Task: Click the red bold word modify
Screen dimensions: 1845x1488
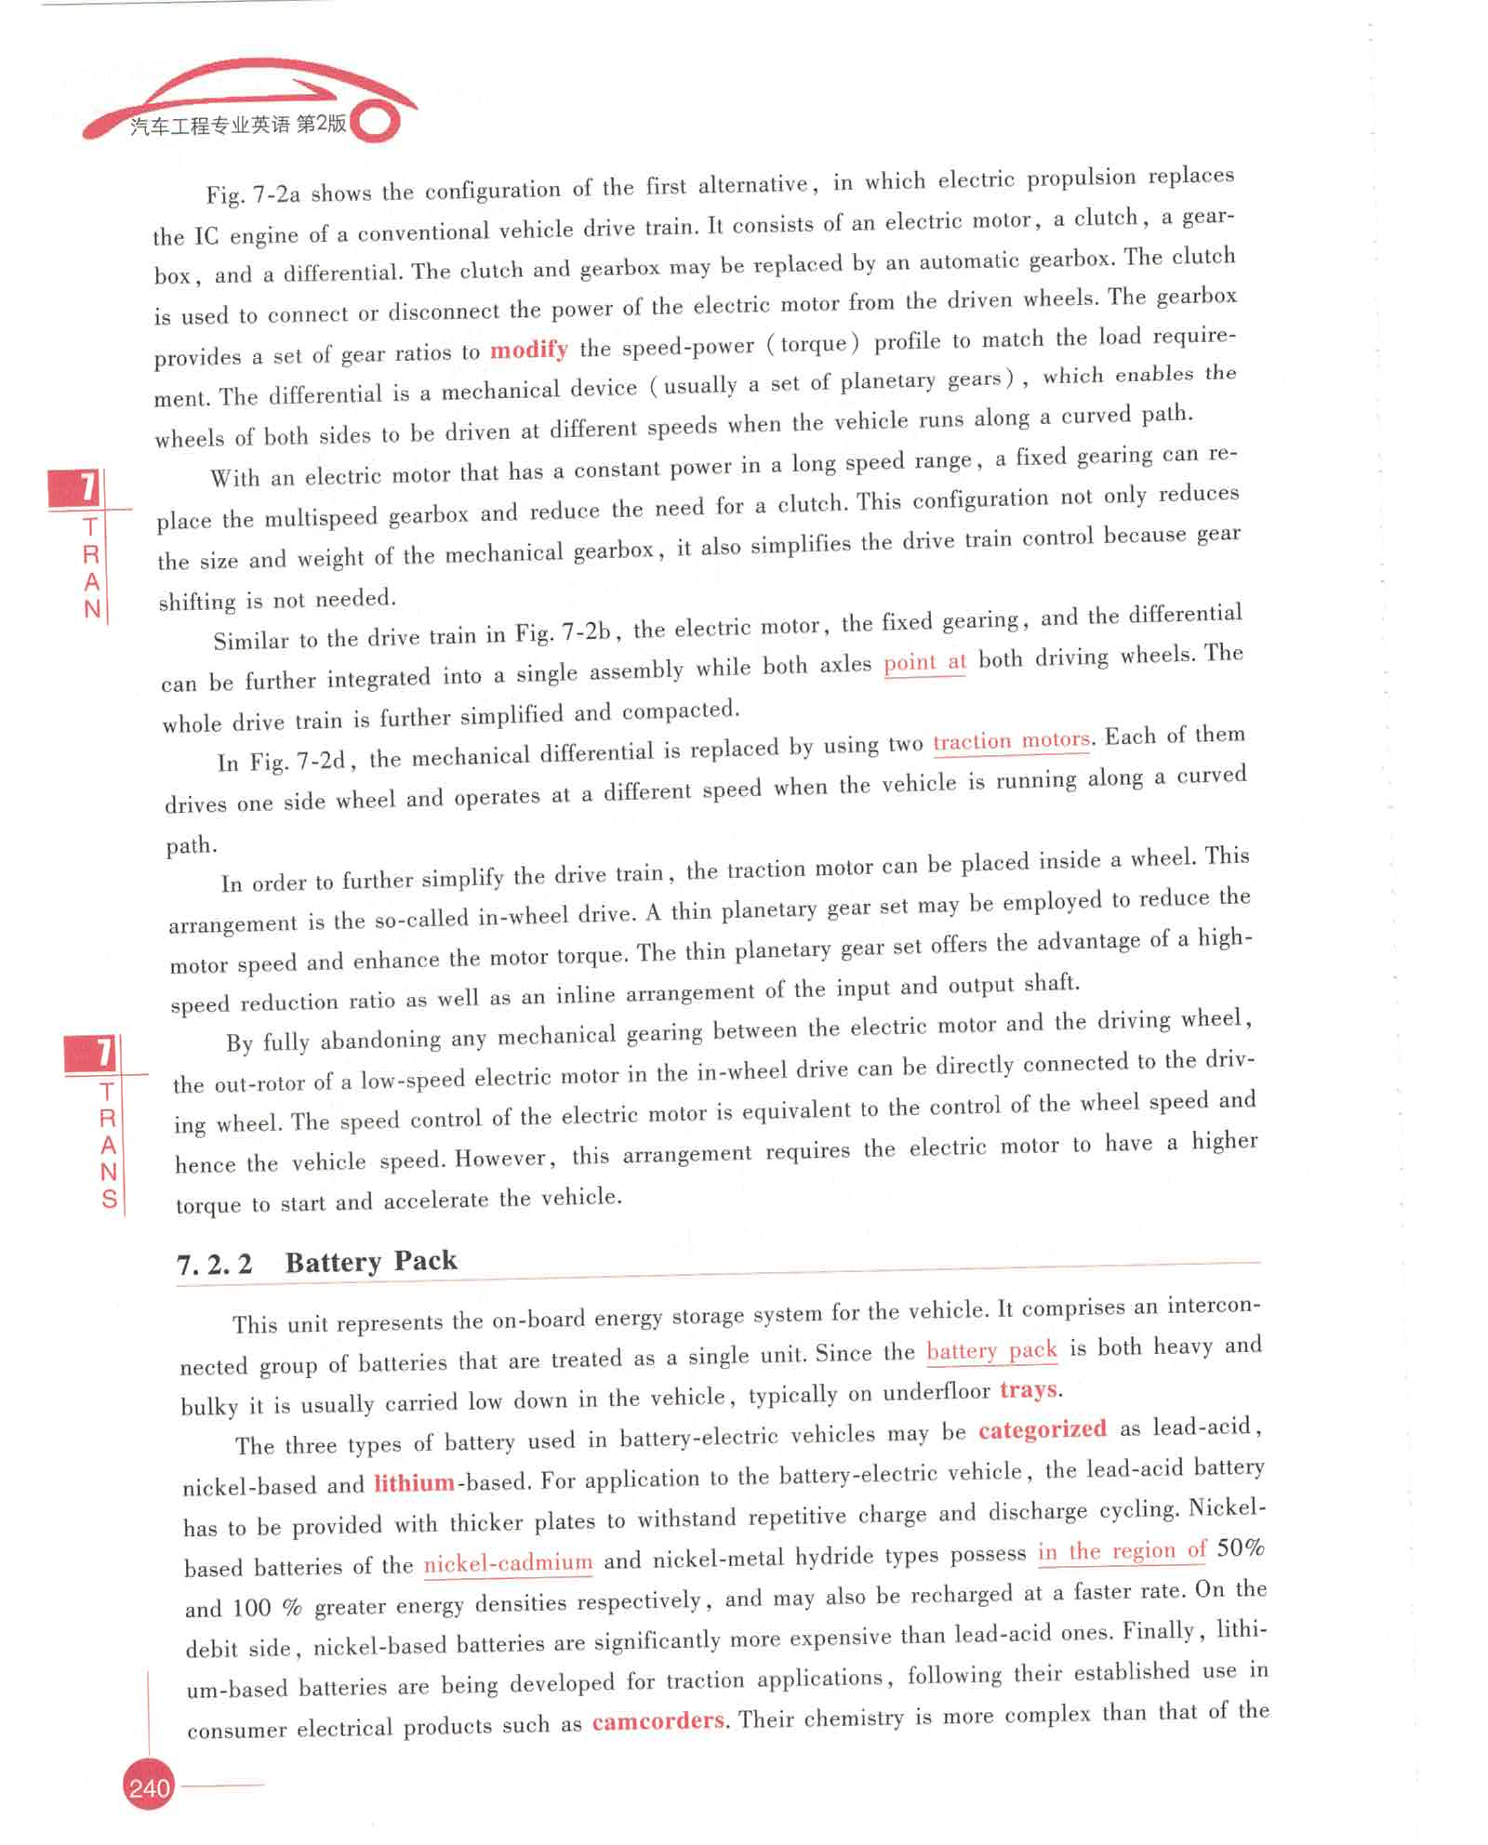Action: pos(528,350)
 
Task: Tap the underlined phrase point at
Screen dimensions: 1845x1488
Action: pos(923,662)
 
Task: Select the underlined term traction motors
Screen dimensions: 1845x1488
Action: pos(1011,740)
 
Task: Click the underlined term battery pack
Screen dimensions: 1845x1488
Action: pos(991,1350)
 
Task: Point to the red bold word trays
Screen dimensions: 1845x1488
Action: pos(1029,1390)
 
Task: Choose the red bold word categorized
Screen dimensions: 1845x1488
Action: pos(1042,1429)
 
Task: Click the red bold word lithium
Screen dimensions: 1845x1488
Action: pos(414,1482)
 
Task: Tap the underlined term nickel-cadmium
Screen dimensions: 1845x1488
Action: pos(508,1563)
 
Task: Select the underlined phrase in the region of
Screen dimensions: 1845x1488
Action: pos(1122,1551)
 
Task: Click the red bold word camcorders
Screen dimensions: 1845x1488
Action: pos(658,1721)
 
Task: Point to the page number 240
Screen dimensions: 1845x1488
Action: pos(149,1787)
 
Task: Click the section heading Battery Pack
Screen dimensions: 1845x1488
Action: pos(371,1262)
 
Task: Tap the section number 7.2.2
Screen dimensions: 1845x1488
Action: pos(215,1265)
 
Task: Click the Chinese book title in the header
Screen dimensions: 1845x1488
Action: pos(238,125)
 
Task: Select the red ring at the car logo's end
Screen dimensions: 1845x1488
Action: pos(377,122)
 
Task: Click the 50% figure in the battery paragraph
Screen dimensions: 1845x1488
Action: pos(1241,1548)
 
